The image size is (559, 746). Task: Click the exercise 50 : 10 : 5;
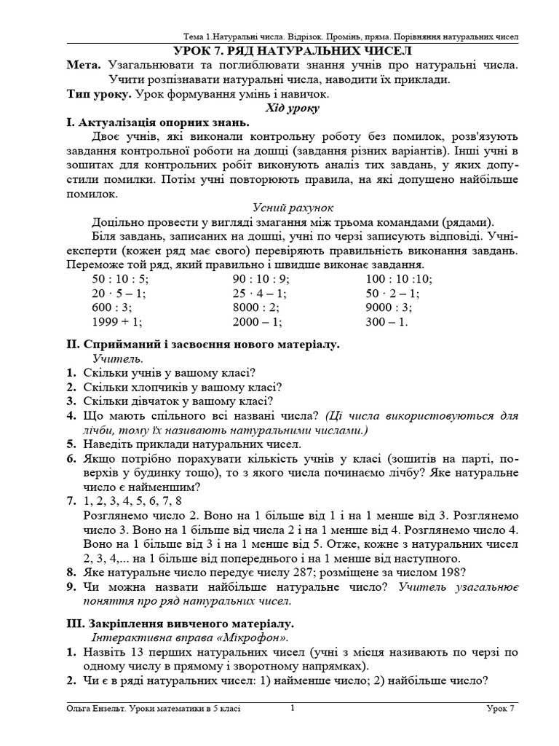(120, 278)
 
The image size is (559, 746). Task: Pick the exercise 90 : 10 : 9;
(261, 278)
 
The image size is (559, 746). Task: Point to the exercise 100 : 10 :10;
(399, 278)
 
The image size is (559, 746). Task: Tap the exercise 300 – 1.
(387, 321)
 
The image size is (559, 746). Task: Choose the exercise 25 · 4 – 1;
(260, 293)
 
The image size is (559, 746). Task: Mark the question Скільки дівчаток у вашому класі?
(178, 401)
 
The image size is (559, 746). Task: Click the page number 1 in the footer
(292, 707)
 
